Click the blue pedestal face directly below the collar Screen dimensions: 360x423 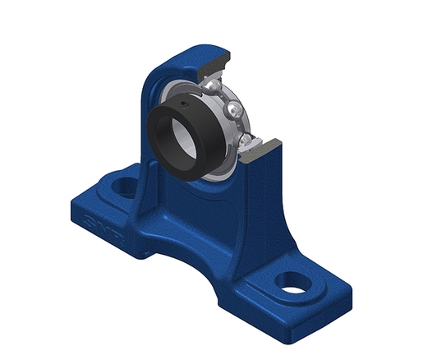click(201, 205)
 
